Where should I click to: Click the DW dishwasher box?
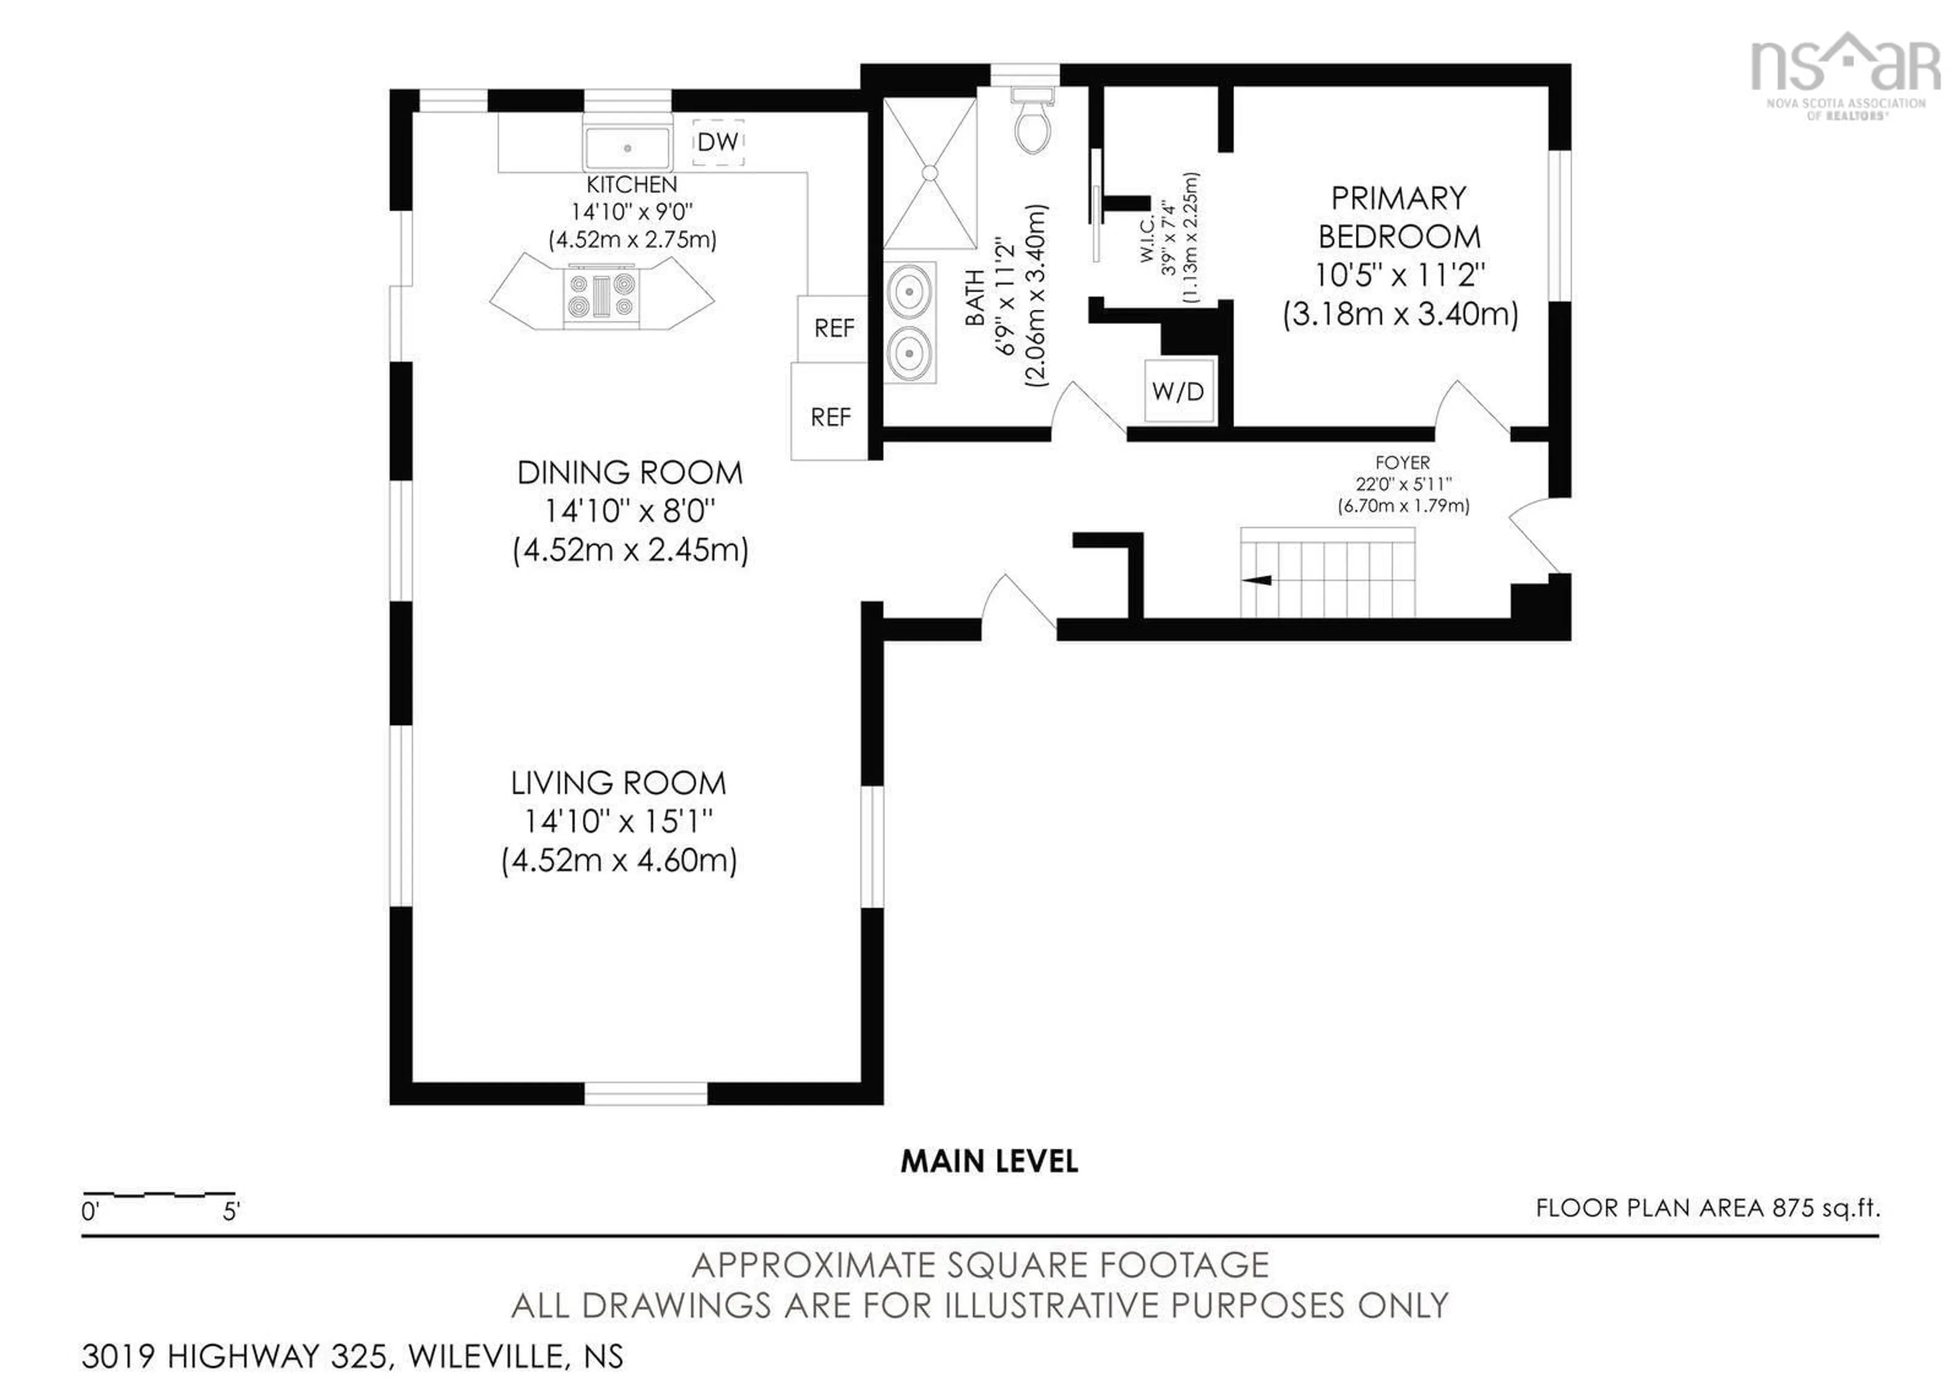coord(717,142)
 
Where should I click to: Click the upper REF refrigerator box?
coord(833,328)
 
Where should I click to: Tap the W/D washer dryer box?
coord(1178,391)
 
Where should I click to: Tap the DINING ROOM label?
coord(630,472)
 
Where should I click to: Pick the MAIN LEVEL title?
coord(989,1161)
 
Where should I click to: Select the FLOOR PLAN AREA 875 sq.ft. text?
coord(1707,1208)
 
